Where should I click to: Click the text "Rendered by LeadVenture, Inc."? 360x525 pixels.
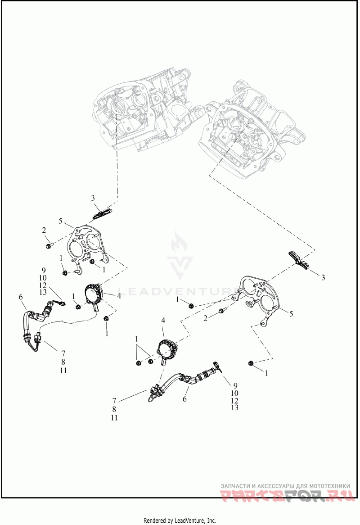coord(180,520)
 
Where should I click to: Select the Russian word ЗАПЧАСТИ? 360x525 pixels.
coord(236,486)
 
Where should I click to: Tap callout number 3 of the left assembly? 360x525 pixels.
coord(93,198)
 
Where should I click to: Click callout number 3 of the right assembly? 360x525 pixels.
coord(323,278)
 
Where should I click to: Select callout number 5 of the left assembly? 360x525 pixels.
coord(60,221)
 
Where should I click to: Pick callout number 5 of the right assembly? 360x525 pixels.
coord(291,313)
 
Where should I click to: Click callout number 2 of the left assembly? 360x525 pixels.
coord(44,230)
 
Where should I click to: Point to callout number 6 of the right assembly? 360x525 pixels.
coord(184,399)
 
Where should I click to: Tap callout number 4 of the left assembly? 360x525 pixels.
coord(119,296)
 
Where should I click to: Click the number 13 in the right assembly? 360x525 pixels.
coord(234,408)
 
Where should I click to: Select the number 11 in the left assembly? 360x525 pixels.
coord(63,370)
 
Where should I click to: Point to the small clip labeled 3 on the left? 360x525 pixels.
coord(102,212)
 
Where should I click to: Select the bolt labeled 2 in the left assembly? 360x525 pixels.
coord(49,245)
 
